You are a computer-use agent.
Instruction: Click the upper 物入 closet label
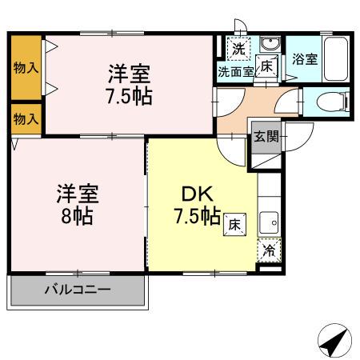click(26, 68)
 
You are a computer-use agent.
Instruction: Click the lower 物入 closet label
click(26, 119)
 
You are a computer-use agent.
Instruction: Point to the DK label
click(193, 194)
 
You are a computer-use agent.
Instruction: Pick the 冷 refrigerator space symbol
click(270, 251)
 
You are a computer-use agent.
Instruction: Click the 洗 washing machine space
click(238, 48)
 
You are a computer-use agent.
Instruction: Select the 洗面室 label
click(236, 72)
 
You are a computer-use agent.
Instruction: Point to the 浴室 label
click(304, 58)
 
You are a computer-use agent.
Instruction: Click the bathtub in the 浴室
click(336, 58)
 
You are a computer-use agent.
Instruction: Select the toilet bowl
click(331, 102)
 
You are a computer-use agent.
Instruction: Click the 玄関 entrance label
click(267, 136)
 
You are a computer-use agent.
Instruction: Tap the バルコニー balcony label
click(78, 289)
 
